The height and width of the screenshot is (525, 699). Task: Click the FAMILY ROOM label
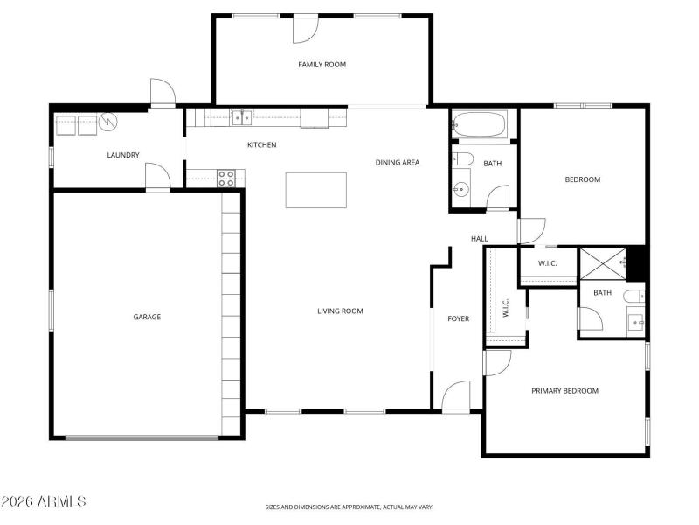(322, 64)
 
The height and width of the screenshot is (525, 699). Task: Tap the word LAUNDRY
(123, 155)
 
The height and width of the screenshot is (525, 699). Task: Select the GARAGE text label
(147, 317)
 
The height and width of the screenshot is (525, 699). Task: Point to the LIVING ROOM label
(340, 311)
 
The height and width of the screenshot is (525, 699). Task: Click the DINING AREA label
(398, 162)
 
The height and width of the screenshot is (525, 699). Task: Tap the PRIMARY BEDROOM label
(564, 390)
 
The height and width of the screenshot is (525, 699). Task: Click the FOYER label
(459, 318)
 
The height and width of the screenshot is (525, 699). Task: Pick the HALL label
(480, 239)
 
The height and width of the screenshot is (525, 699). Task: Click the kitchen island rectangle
(315, 190)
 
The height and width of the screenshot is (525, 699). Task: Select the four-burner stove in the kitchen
(226, 178)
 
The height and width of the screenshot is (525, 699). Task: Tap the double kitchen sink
(242, 116)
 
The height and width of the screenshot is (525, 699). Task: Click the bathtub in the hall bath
(480, 125)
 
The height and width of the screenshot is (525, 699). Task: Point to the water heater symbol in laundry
(108, 122)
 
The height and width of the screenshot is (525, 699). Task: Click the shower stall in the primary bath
(603, 263)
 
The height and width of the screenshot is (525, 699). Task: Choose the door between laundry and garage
(157, 178)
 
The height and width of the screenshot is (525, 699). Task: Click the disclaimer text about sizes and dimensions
(349, 507)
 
